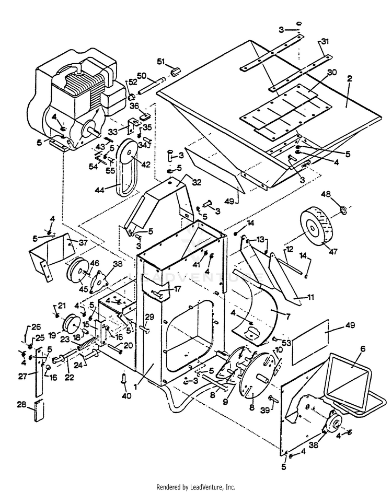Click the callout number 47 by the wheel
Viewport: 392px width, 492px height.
click(x=332, y=252)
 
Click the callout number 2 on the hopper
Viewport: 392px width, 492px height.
click(x=349, y=78)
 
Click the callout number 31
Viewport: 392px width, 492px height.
click(x=325, y=42)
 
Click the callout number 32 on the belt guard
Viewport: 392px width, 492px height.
click(x=182, y=183)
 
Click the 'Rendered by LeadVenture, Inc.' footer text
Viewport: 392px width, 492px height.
click(x=196, y=487)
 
